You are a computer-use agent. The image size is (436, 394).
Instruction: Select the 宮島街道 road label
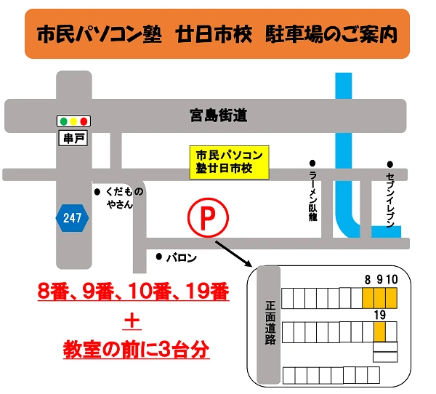[214, 114]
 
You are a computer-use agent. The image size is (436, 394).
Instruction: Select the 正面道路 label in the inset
[270, 323]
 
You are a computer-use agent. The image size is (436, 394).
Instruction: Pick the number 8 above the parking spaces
[368, 280]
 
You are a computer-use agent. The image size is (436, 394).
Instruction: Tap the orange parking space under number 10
[391, 298]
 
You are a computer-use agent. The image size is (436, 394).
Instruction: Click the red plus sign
[133, 321]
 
